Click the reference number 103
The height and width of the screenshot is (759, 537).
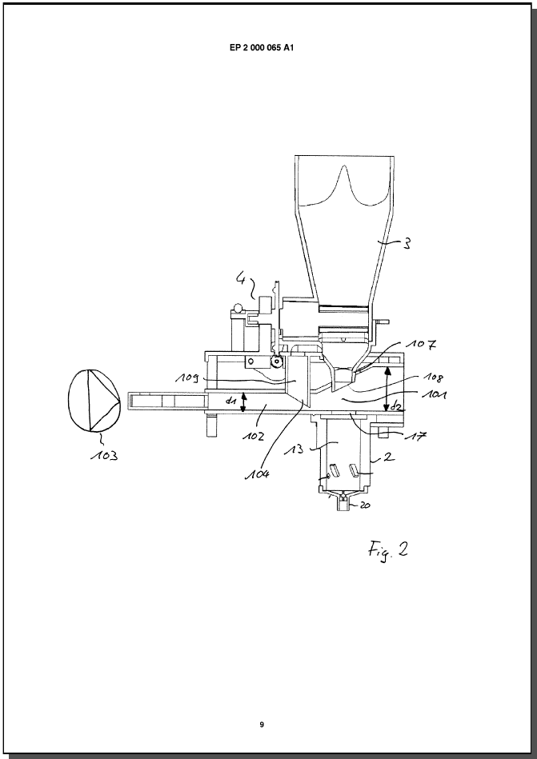pos(104,456)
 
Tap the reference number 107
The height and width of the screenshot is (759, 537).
pos(421,345)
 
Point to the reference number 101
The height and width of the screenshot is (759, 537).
pos(434,394)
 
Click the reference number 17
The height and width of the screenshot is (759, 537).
pos(416,436)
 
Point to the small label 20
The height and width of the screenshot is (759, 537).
pos(365,505)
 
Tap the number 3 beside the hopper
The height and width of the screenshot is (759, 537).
pos(407,243)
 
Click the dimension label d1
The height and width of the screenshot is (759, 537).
pos(230,400)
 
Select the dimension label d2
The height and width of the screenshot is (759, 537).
pos(395,405)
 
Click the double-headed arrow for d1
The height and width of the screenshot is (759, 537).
pos(243,402)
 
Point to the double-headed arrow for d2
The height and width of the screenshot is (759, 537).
pos(387,389)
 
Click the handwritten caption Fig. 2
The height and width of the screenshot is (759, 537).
pos(387,550)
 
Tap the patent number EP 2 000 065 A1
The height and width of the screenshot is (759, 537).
pos(262,48)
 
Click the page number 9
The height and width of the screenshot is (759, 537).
pos(262,725)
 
